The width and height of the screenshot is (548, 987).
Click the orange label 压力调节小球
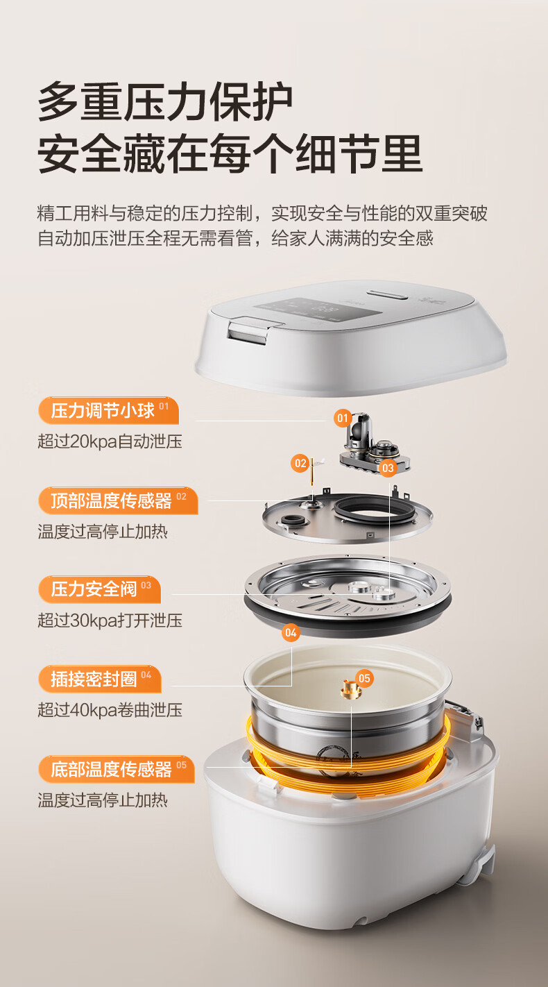tap(108, 410)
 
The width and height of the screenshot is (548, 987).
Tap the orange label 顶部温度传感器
tap(118, 500)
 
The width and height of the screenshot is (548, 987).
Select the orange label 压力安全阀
tap(100, 589)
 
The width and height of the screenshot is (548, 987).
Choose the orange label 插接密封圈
tap(100, 679)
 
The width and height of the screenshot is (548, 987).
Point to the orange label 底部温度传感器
tap(117, 769)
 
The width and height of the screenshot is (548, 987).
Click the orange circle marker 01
tap(343, 418)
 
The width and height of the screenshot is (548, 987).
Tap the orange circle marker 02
tap(300, 463)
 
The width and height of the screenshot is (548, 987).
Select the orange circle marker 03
tap(388, 468)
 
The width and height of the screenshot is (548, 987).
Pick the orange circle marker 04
tap(291, 633)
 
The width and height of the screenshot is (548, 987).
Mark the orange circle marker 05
tap(364, 678)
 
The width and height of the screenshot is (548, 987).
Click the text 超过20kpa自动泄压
tap(110, 441)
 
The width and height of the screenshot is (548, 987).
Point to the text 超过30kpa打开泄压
tap(110, 620)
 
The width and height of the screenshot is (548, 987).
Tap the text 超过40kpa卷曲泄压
tap(110, 710)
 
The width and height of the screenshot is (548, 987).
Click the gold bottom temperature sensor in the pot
tap(351, 689)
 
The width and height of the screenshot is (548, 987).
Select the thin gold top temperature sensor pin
tap(312, 471)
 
